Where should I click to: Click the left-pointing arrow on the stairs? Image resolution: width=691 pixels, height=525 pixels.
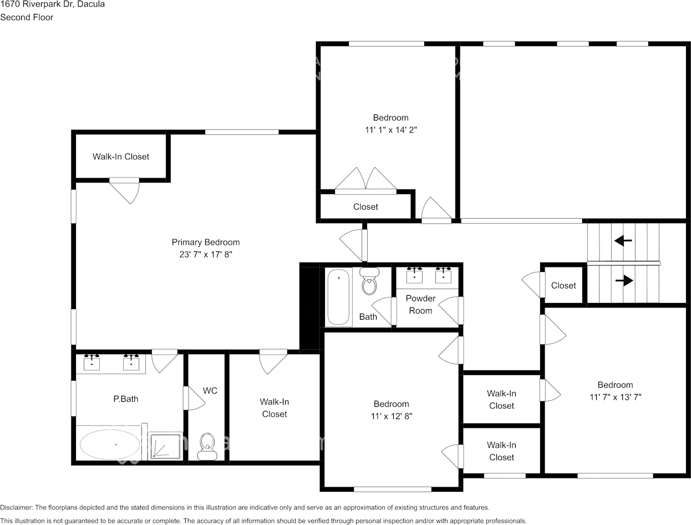tap(623, 241)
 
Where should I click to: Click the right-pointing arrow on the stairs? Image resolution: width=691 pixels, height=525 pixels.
tap(624, 281)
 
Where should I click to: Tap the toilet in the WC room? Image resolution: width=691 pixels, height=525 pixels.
tap(207, 446)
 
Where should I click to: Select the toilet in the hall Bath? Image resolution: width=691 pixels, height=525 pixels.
tap(369, 282)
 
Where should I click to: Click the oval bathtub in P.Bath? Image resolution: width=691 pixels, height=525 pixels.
tap(110, 445)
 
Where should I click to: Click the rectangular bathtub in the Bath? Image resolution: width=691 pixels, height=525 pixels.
tap(338, 297)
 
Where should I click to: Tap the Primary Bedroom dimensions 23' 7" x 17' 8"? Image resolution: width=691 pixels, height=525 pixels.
tap(205, 255)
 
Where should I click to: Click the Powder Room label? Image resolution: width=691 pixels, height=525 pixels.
tap(420, 304)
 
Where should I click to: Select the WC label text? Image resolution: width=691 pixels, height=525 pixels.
tap(210, 391)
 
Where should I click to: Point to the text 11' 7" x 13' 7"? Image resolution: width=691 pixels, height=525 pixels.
tap(615, 397)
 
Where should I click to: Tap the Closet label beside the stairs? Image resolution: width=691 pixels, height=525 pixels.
tap(563, 285)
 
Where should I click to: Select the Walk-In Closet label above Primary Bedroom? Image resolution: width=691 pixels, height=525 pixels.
tap(121, 157)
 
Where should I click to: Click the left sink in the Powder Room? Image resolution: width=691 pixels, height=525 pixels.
tap(415, 275)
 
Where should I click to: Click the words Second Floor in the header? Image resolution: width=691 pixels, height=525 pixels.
tap(27, 17)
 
